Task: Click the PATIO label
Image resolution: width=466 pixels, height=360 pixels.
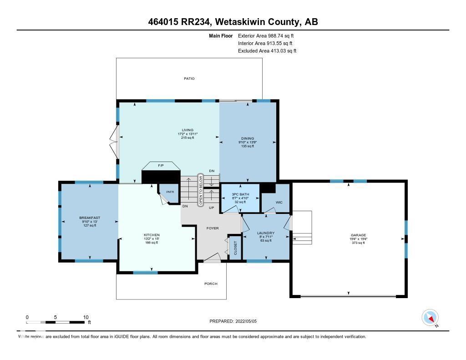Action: tap(189, 79)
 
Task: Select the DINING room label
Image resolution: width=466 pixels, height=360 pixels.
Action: tap(248, 138)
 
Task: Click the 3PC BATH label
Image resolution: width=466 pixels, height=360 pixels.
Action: tap(240, 194)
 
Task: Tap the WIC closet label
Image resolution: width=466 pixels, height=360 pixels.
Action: tap(279, 202)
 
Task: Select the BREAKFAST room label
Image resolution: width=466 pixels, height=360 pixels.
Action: tap(89, 218)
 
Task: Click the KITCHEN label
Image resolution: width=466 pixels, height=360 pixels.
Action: tap(152, 235)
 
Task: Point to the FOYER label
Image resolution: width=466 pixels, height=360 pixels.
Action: tap(213, 228)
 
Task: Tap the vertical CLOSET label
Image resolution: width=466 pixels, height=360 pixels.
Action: tap(235, 248)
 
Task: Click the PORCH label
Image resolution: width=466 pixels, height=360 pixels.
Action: tap(211, 284)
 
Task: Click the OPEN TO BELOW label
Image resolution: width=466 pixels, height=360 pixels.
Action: tap(200, 190)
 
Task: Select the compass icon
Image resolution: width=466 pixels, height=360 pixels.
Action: tap(430, 317)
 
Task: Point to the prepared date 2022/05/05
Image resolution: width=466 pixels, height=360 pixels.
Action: tap(233, 321)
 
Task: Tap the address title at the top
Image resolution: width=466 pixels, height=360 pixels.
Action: tap(233, 21)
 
